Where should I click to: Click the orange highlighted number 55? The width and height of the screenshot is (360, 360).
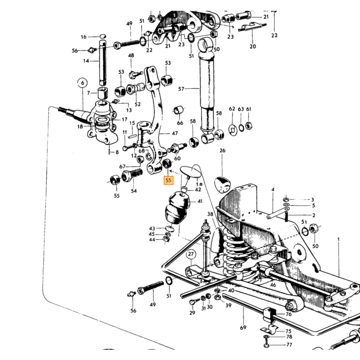[x=168, y=180]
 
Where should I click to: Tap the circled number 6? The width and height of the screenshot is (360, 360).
[x=83, y=82]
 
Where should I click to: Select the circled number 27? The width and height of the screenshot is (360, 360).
[x=191, y=254]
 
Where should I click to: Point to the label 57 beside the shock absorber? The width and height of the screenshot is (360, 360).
[x=181, y=88]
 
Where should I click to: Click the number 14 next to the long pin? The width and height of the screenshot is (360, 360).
[x=86, y=61]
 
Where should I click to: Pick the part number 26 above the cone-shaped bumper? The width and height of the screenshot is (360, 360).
[x=223, y=150]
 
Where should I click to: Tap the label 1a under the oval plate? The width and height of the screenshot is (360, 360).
[x=200, y=184]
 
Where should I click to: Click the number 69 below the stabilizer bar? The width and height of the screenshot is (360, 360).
[x=243, y=328]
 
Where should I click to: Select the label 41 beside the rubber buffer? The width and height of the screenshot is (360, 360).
[x=200, y=201]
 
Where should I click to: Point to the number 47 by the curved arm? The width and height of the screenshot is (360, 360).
[x=175, y=133]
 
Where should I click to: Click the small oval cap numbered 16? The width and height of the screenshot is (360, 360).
[x=103, y=36]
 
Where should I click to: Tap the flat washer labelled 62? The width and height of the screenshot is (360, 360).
[x=233, y=130]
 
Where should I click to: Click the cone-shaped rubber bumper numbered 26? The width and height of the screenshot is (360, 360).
[x=222, y=184]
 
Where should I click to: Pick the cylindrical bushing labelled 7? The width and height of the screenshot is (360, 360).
[x=103, y=93]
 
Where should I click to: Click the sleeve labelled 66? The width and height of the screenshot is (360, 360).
[x=178, y=110]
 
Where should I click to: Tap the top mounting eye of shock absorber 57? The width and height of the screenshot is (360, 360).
[x=206, y=45]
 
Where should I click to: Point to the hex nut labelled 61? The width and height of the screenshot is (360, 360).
[x=249, y=126]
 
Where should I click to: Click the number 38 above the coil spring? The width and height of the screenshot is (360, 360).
[x=210, y=214]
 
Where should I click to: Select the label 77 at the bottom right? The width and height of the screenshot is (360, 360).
[x=289, y=345]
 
